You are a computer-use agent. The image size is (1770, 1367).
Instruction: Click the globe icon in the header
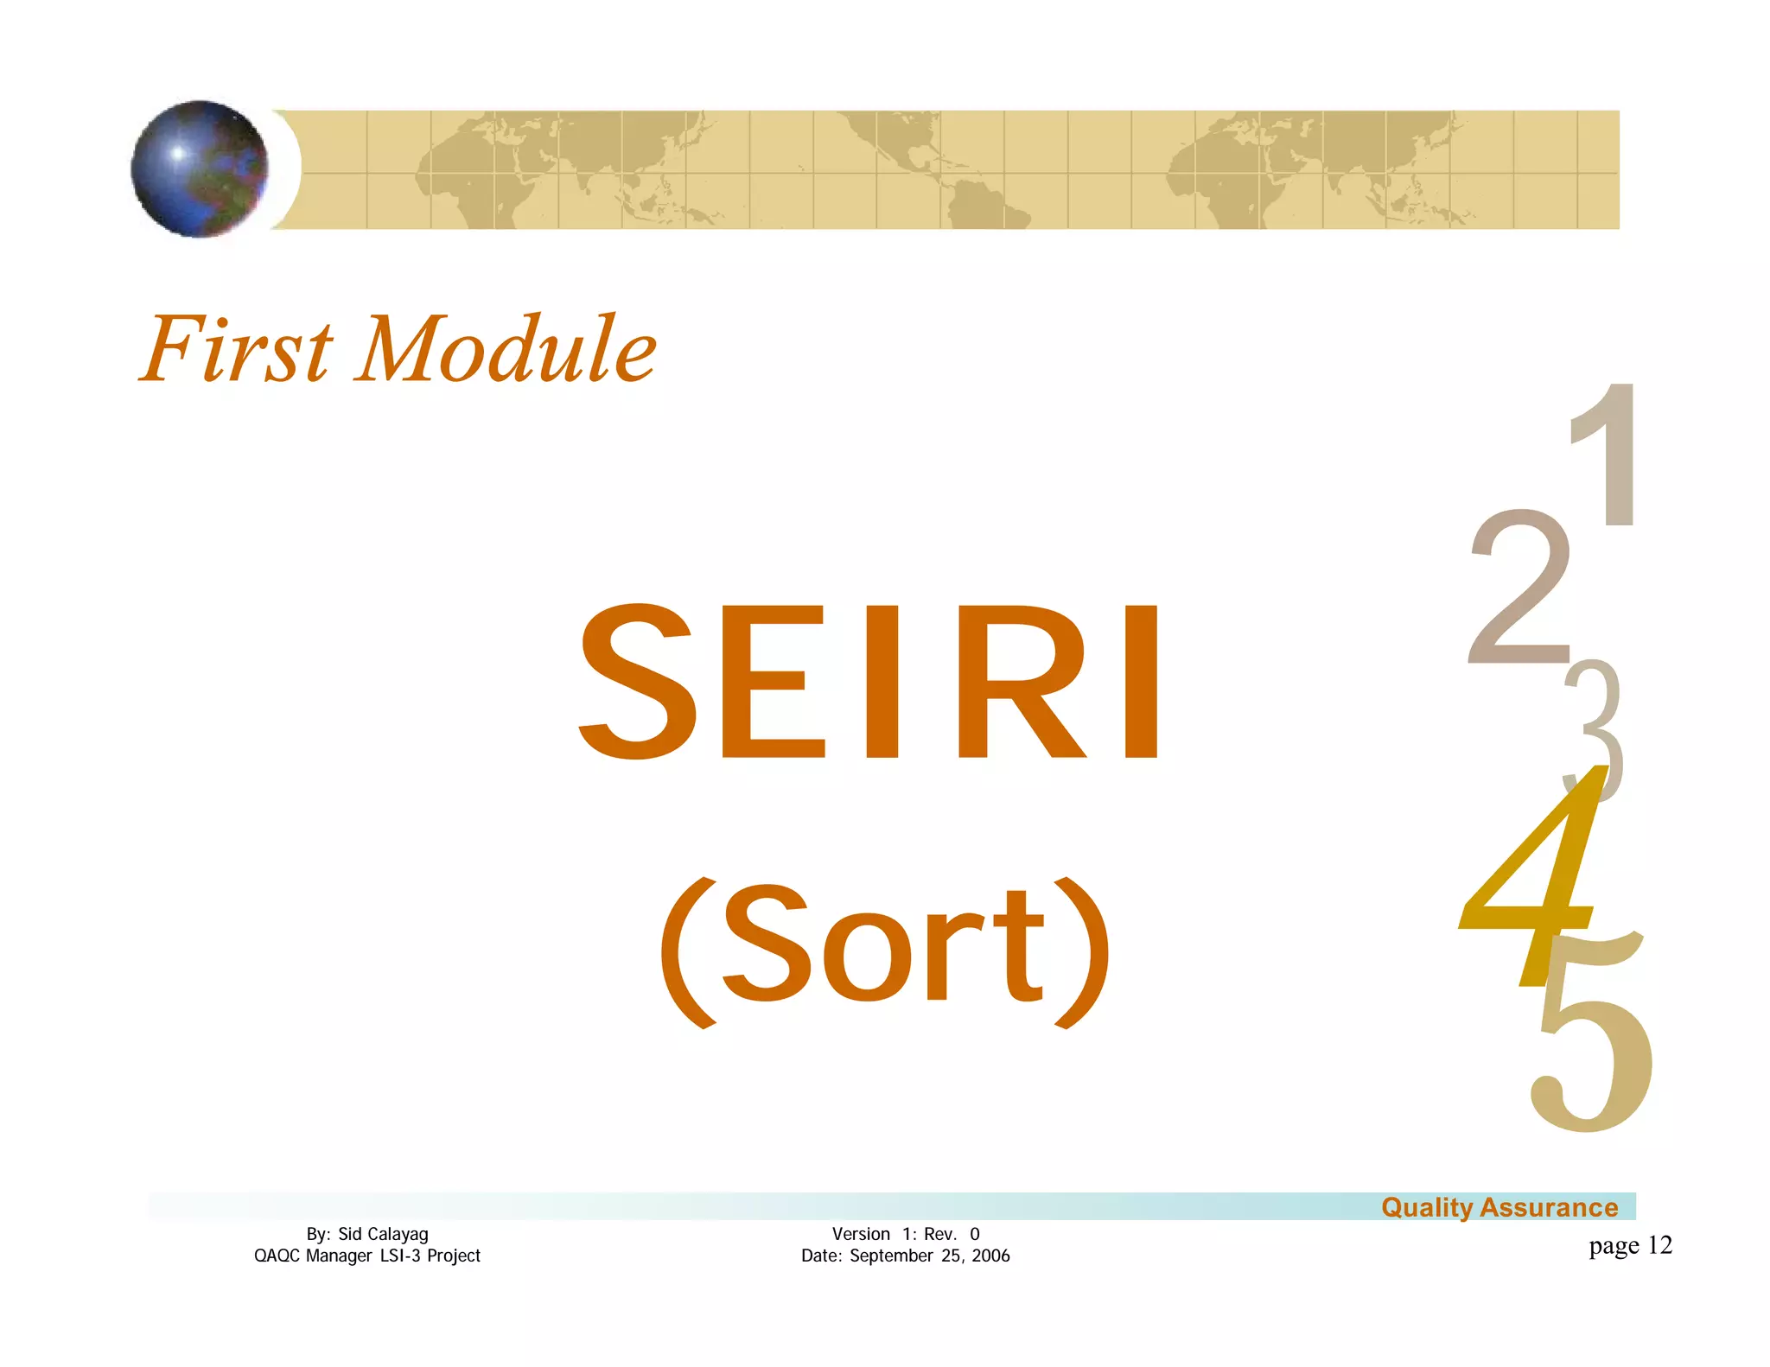pyautogui.click(x=200, y=169)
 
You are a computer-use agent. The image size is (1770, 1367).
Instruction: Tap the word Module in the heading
pyautogui.click(x=506, y=349)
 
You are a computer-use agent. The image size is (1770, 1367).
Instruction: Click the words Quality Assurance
pyautogui.click(x=1499, y=1207)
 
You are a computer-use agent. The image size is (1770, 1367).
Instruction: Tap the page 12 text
pyautogui.click(x=1630, y=1245)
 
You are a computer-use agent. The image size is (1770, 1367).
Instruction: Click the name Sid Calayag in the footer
pyautogui.click(x=383, y=1234)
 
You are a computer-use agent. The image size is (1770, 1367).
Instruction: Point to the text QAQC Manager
pyautogui.click(x=312, y=1256)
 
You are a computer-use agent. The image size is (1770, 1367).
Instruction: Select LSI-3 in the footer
pyautogui.click(x=401, y=1256)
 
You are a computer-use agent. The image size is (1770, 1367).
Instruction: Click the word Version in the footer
pyautogui.click(x=861, y=1234)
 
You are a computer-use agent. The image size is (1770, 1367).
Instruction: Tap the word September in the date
pyautogui.click(x=892, y=1256)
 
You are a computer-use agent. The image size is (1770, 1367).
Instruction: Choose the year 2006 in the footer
pyautogui.click(x=990, y=1256)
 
